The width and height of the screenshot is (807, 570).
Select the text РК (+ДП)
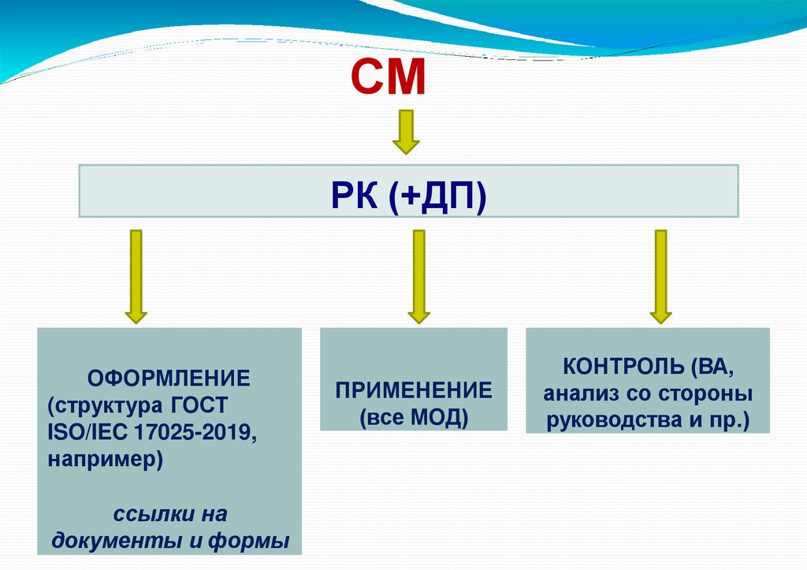408,192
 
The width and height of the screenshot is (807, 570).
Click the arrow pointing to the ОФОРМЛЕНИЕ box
136,276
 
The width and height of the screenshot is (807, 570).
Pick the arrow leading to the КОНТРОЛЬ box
660,276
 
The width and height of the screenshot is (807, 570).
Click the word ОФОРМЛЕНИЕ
169,378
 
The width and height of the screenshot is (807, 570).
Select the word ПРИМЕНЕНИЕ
414,390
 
